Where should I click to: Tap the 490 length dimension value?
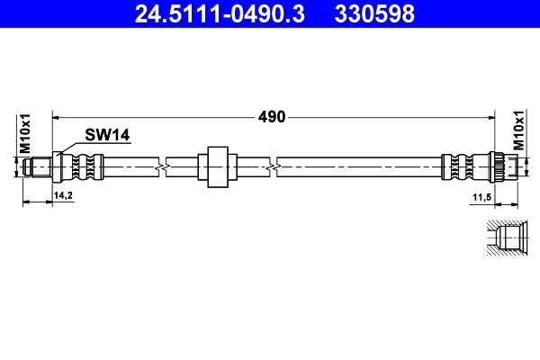[x=273, y=116]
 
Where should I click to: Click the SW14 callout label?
[x=108, y=135]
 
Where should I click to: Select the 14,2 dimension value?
[x=63, y=193]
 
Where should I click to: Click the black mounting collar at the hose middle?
[x=215, y=166]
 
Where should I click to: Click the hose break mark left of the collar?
[x=160, y=166]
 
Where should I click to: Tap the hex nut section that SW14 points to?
[x=60, y=166]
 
